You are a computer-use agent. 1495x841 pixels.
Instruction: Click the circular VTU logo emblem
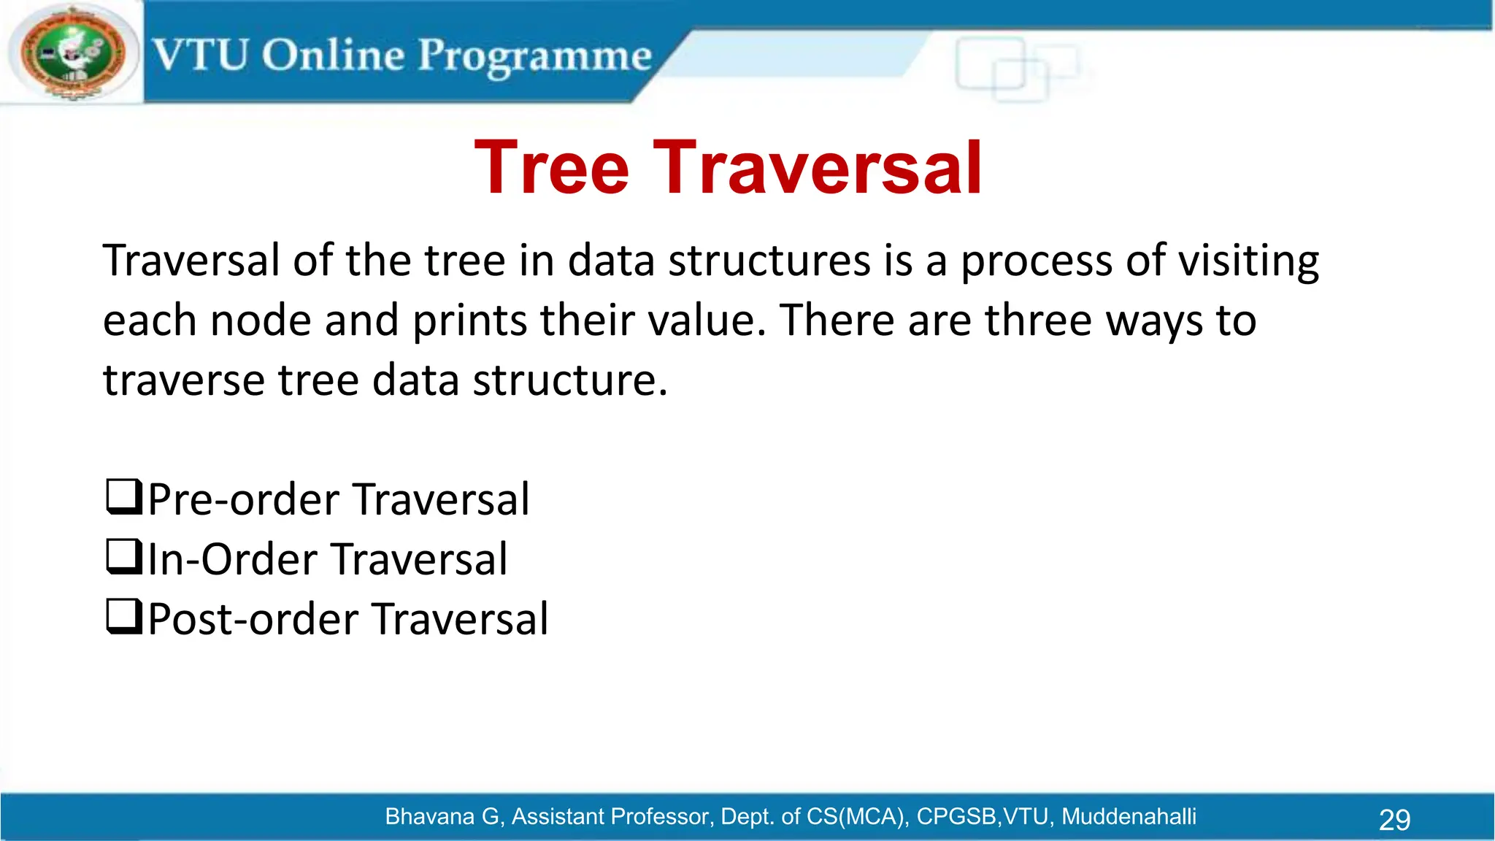point(72,53)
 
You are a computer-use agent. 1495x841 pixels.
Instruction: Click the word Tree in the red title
point(552,169)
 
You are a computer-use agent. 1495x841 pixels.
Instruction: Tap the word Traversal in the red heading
point(818,169)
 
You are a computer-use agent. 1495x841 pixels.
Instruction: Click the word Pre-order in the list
point(244,500)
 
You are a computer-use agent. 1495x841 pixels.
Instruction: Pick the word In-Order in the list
point(232,560)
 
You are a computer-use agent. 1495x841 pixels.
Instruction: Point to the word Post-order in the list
point(253,620)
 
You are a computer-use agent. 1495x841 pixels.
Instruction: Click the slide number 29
point(1394,820)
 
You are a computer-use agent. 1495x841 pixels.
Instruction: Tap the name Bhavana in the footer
point(431,816)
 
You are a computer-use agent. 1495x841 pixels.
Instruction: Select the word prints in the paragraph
point(469,321)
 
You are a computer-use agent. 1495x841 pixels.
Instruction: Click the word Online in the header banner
point(333,55)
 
